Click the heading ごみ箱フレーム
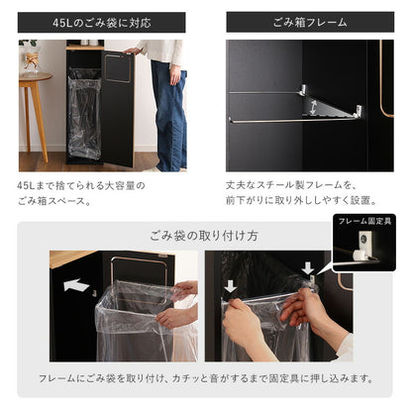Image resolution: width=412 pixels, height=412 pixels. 309,22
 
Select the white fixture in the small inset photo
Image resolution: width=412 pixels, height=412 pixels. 362,253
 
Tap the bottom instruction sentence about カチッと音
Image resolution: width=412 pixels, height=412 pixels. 205,378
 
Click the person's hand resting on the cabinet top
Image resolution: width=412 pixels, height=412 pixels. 133,49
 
